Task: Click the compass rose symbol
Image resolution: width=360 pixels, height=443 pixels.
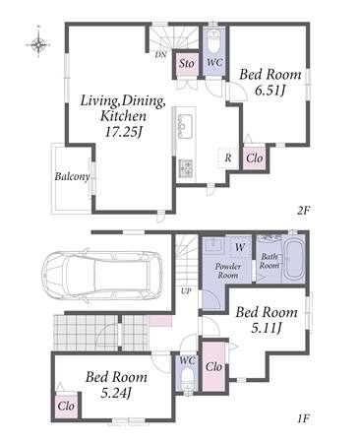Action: [38, 43]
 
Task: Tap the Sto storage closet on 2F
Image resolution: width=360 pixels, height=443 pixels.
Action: [186, 63]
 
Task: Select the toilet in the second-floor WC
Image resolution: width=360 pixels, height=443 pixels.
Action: [214, 41]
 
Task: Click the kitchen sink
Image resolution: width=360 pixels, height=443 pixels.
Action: [185, 126]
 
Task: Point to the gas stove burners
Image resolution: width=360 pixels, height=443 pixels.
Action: [186, 167]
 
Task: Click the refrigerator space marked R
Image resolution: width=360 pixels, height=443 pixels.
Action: [228, 158]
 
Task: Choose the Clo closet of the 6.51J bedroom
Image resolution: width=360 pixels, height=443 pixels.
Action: [255, 158]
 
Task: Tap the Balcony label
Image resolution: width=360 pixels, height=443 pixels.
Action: [72, 176]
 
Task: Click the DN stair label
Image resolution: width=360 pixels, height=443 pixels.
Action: [160, 55]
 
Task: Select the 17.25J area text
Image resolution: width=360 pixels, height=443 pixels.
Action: [123, 132]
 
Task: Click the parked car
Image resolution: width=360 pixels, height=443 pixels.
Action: [102, 274]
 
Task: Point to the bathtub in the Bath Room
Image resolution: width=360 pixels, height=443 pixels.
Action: [294, 259]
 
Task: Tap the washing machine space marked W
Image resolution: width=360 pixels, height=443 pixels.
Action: [240, 247]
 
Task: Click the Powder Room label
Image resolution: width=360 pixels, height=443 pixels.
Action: [228, 271]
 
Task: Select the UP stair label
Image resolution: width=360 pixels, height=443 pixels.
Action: [186, 290]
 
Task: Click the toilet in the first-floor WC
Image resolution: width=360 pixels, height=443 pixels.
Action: [187, 378]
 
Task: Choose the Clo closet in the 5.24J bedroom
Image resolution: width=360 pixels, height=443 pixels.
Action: [66, 406]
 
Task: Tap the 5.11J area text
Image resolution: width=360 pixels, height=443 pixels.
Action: [267, 327]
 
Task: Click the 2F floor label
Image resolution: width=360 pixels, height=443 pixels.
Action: [304, 210]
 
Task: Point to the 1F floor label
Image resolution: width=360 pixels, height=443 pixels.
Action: [304, 418]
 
